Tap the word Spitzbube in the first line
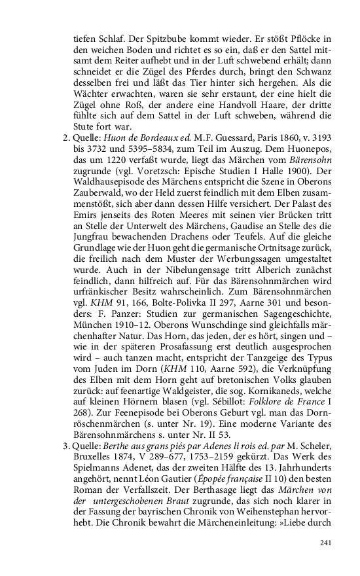tap(161, 41)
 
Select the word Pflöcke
tap(304, 41)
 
